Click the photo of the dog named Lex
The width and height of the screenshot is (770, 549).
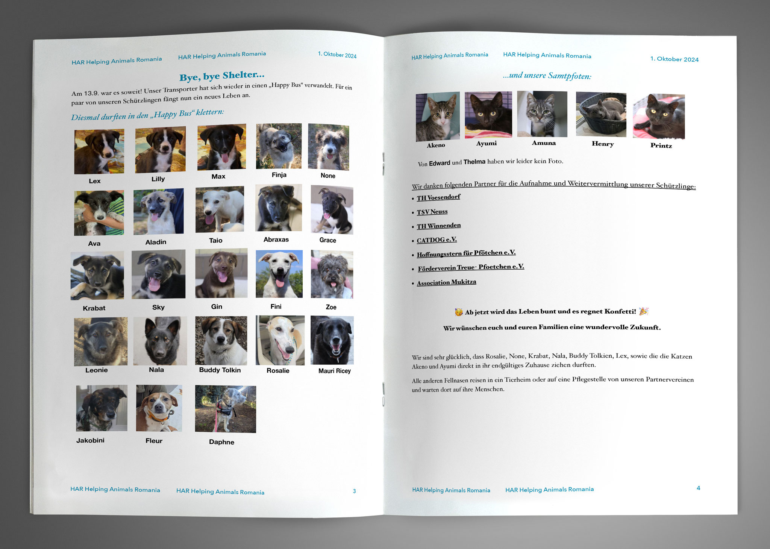(x=99, y=152)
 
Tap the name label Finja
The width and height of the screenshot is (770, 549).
(x=279, y=175)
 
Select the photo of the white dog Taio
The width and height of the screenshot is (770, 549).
(x=220, y=209)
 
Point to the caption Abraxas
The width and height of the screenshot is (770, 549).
(x=276, y=240)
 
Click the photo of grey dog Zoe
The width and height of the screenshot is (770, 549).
(x=332, y=274)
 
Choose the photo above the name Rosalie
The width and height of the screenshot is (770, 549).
(x=280, y=340)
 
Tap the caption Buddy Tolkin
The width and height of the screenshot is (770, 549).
(x=220, y=370)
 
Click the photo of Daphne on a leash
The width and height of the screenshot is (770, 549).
(x=226, y=409)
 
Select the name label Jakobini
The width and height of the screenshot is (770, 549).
(x=90, y=440)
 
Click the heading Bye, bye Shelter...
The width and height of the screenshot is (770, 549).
(x=222, y=76)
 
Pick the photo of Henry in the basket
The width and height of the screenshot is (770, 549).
(x=601, y=114)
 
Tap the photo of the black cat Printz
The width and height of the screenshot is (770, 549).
(x=659, y=117)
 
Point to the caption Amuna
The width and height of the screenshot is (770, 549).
(x=544, y=143)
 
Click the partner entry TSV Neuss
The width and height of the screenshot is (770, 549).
(x=432, y=212)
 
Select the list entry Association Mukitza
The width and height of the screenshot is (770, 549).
(x=446, y=282)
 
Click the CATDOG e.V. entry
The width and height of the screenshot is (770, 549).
(x=437, y=240)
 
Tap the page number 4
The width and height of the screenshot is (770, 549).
(x=698, y=488)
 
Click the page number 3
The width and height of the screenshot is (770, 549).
(x=354, y=491)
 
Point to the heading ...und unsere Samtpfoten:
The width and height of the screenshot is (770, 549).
(x=547, y=76)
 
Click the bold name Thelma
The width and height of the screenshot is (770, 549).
(x=474, y=162)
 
